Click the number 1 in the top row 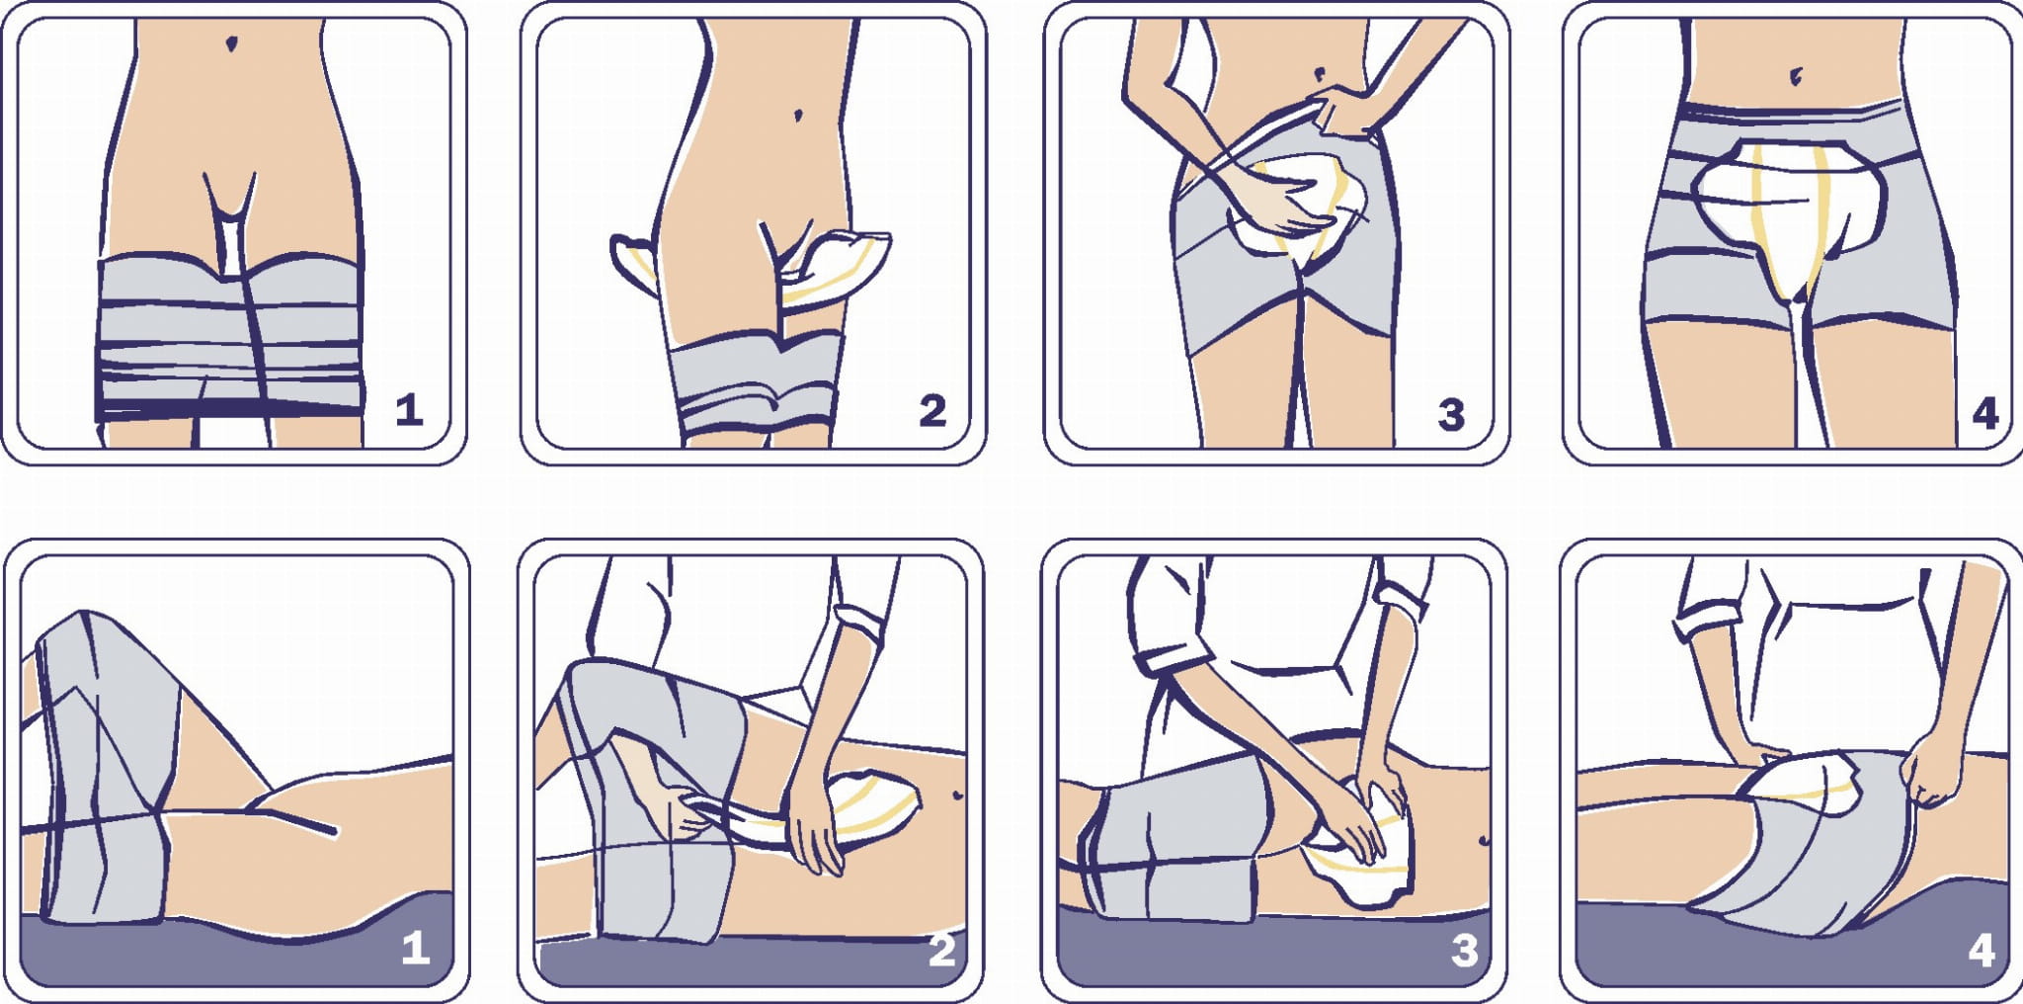[x=410, y=410]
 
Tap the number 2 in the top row [x=932, y=410]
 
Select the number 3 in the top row [x=1451, y=415]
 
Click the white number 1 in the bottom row [x=416, y=949]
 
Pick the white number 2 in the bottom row [x=941, y=949]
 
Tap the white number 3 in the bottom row [x=1465, y=951]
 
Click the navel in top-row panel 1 [x=231, y=43]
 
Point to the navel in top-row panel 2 [x=798, y=116]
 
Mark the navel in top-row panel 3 [x=1320, y=72]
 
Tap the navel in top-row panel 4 [x=1795, y=75]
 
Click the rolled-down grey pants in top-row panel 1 [x=229, y=336]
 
